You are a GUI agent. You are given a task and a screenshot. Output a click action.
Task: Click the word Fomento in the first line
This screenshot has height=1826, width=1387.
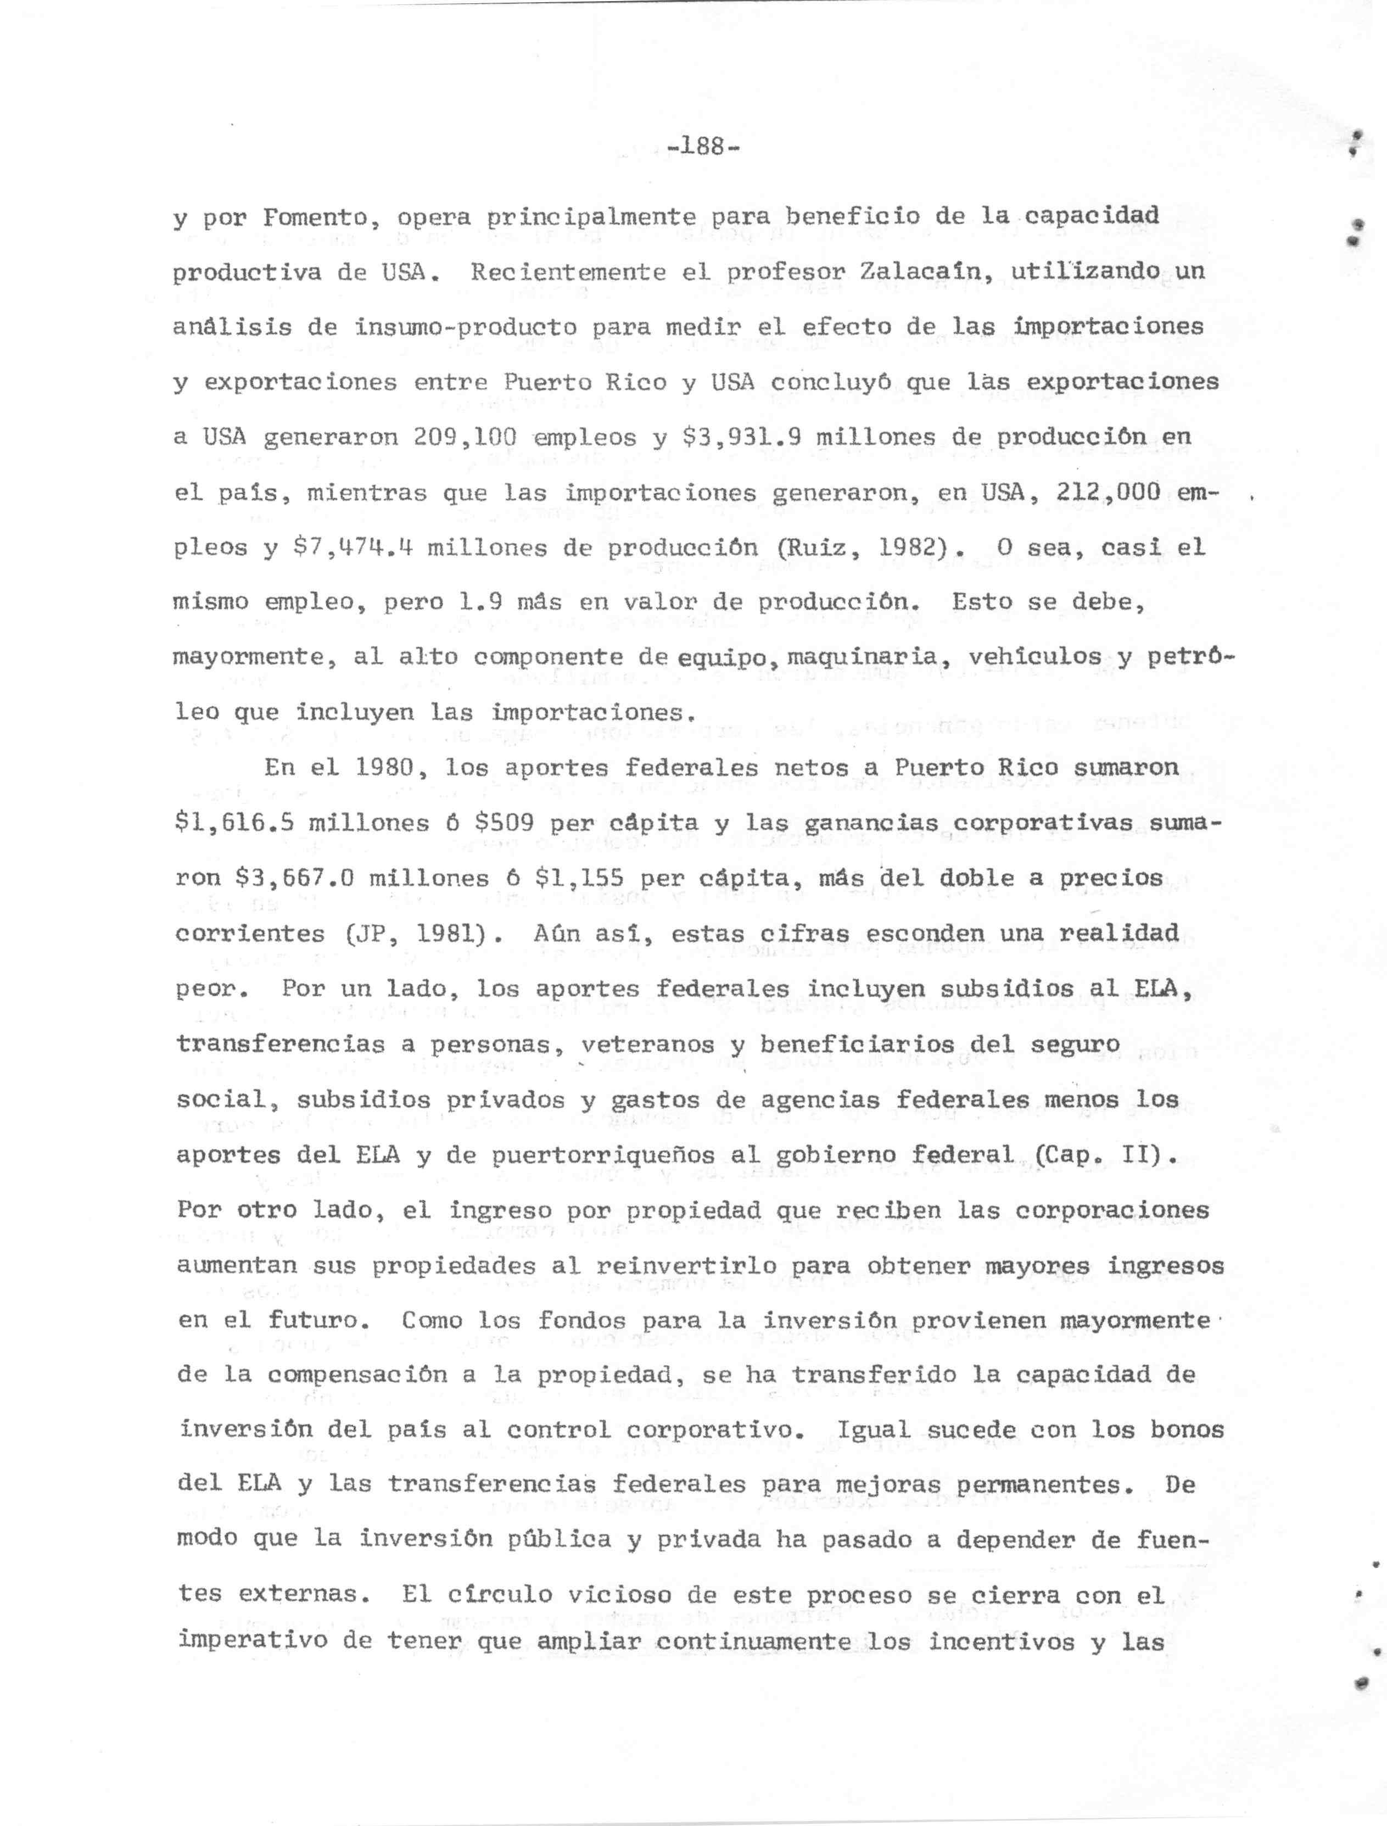[315, 217]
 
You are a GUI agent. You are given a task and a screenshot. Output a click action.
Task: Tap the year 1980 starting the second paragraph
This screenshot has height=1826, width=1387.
[385, 768]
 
